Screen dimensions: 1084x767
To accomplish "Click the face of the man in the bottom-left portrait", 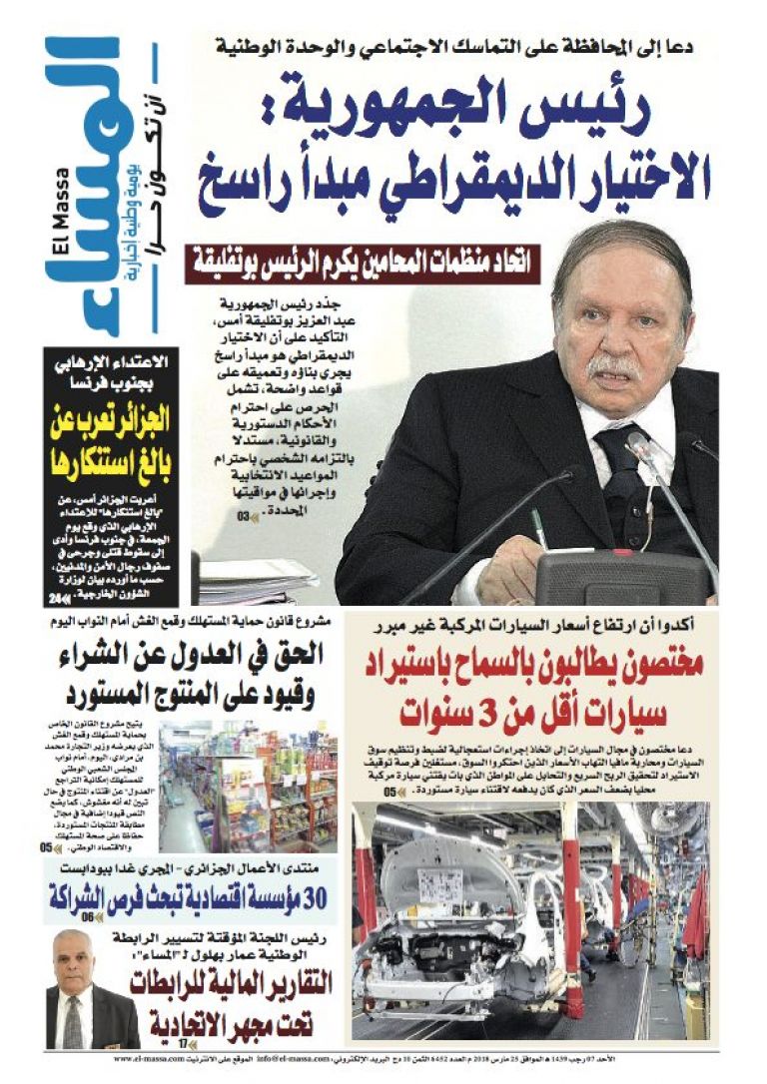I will (75, 955).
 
